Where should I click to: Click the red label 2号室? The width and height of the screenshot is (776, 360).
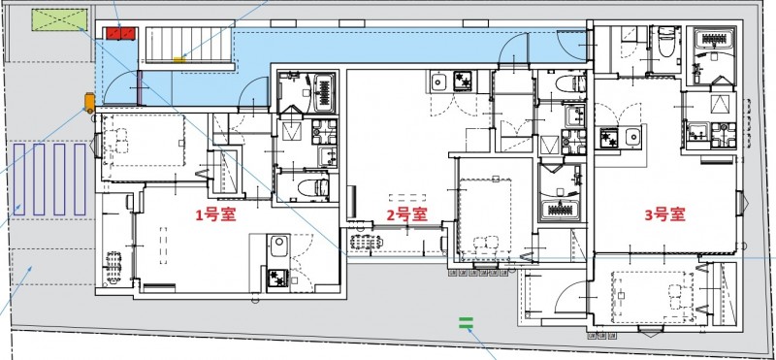(407, 214)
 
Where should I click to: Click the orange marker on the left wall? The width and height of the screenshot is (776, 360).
(88, 100)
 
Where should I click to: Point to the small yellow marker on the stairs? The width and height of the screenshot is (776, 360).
(179, 60)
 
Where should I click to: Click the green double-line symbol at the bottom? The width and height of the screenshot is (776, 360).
(466, 321)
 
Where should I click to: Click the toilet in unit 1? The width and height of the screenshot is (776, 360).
(313, 185)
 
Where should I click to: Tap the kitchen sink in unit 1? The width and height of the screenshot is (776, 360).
(277, 244)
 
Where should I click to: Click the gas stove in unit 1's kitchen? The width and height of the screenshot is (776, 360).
(277, 278)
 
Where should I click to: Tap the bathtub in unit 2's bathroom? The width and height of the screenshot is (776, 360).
(562, 206)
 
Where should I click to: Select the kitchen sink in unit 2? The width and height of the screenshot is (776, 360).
(437, 81)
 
